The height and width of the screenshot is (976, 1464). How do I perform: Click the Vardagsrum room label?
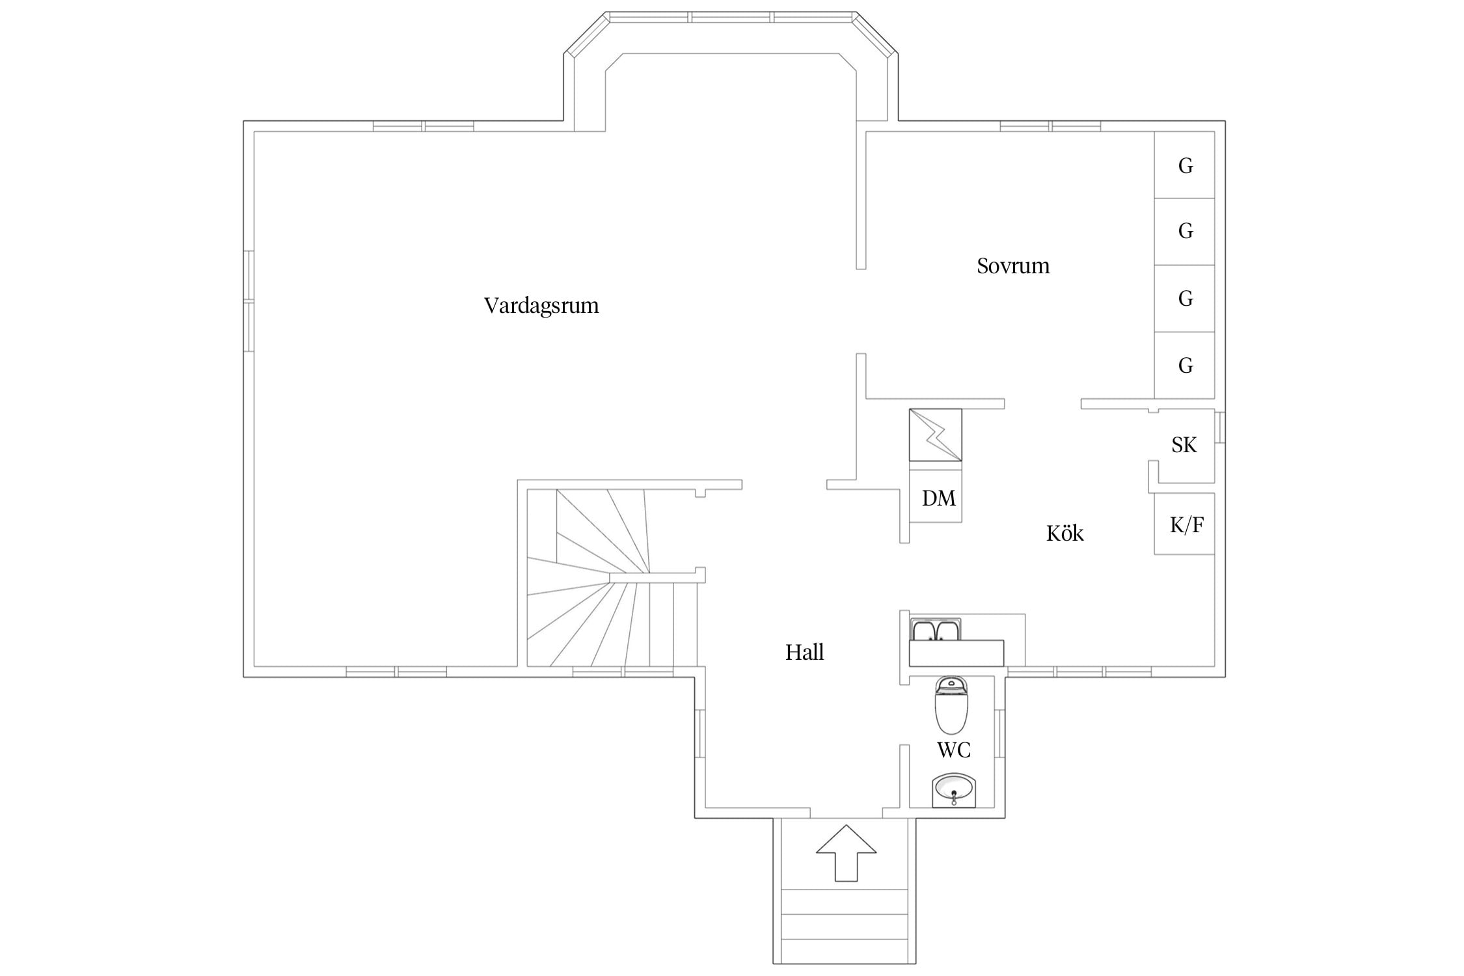pos(541,306)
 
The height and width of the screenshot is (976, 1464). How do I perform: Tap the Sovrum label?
pos(1013,265)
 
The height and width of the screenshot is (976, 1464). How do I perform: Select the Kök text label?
pos(1065,534)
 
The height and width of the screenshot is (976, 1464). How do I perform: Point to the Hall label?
pos(804,652)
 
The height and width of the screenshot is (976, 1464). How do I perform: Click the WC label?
pos(954,750)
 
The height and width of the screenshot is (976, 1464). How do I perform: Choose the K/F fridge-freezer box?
pos(1184,524)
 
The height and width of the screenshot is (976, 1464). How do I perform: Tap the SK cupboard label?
pos(1184,445)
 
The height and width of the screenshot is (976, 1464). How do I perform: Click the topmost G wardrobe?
pos(1184,165)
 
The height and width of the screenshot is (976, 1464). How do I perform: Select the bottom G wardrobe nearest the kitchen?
pos(1184,365)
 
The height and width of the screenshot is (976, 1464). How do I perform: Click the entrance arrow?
pos(846,853)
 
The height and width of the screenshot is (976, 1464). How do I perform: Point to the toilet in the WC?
pos(951,705)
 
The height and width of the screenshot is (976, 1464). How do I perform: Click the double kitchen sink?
pos(936,630)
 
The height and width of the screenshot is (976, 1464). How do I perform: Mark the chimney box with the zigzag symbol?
pos(935,435)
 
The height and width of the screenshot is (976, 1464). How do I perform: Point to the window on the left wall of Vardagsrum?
pos(249,301)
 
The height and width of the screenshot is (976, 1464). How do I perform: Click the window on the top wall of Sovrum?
pos(1050,126)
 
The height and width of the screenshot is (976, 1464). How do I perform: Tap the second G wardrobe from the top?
pos(1184,232)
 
